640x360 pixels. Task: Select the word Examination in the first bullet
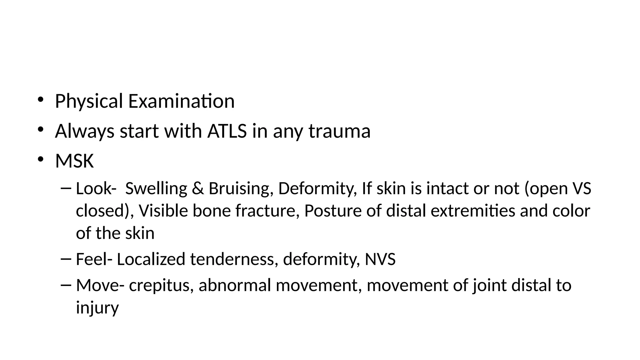tap(181, 101)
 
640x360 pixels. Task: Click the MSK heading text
tap(74, 161)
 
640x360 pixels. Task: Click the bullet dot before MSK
tap(40, 160)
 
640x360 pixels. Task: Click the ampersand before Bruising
tap(198, 188)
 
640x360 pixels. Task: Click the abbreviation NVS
tap(380, 259)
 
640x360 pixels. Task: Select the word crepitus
tap(159, 285)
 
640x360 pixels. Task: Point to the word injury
tap(97, 308)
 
